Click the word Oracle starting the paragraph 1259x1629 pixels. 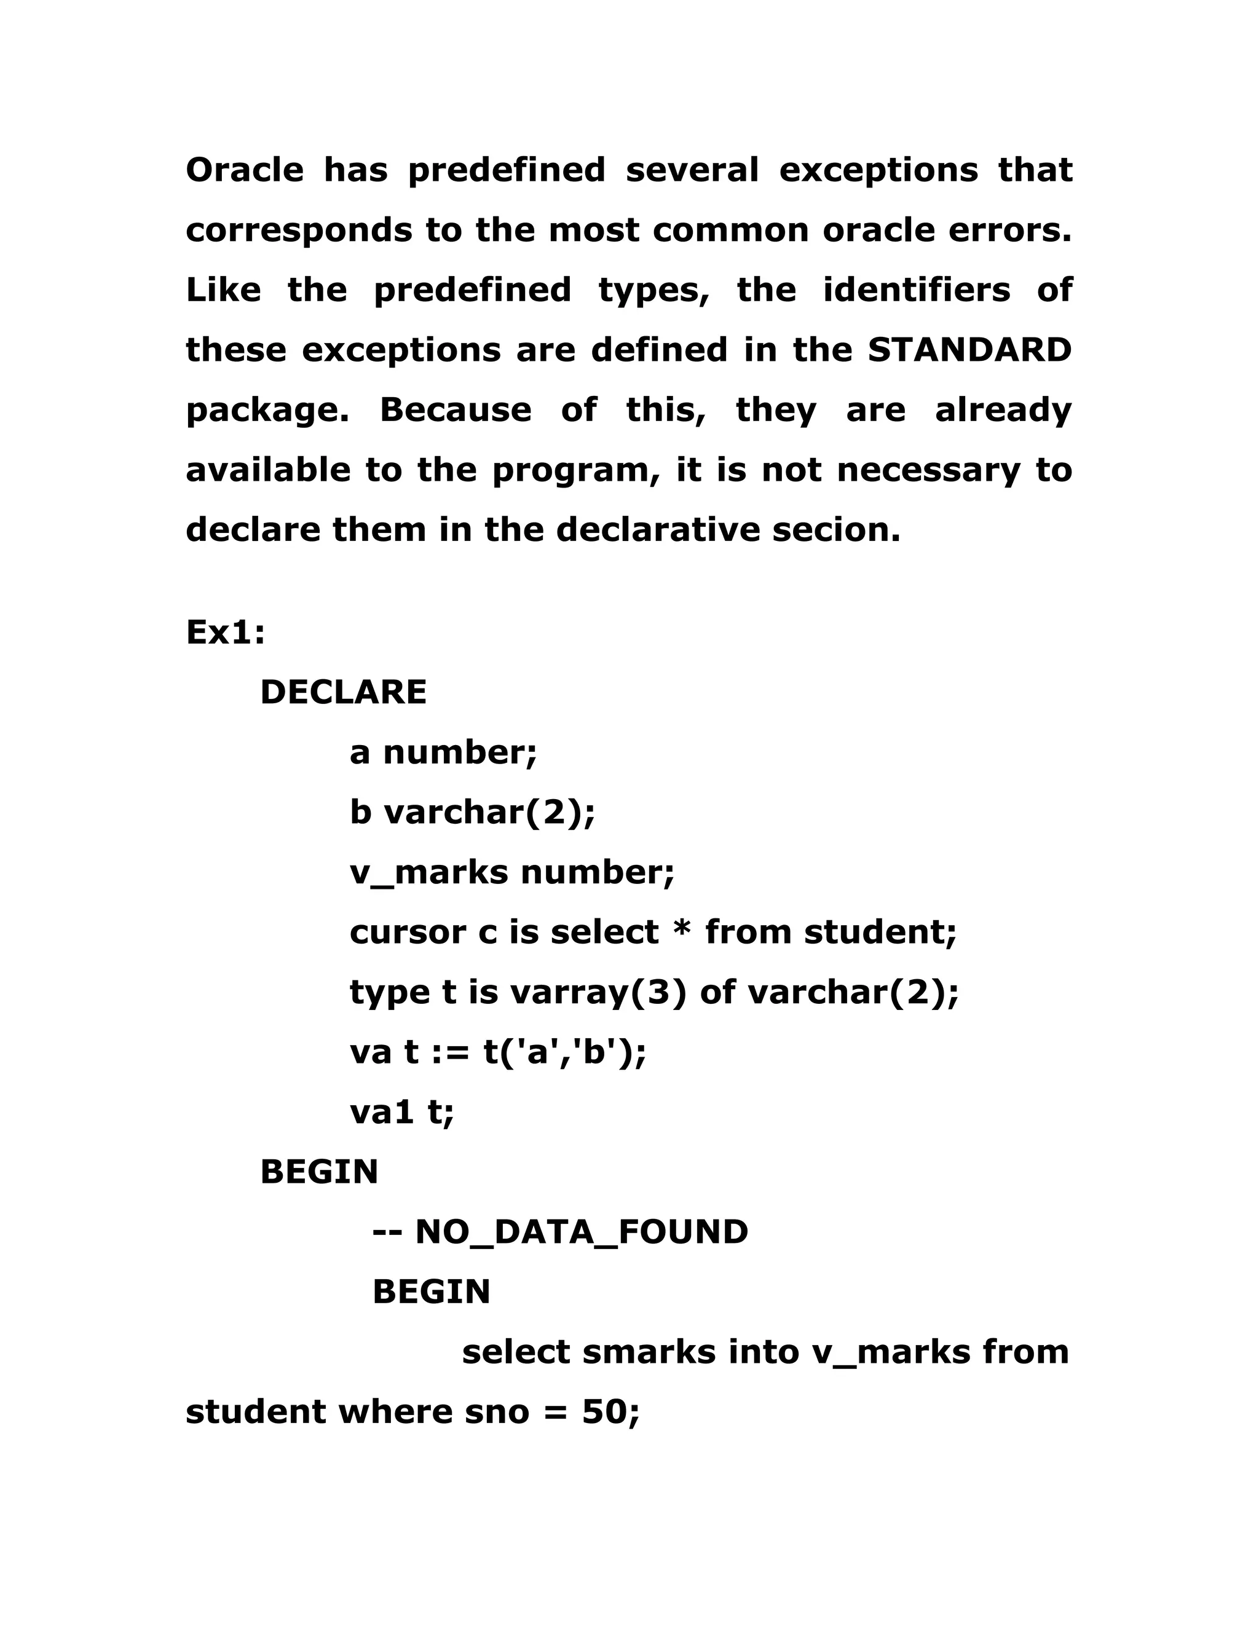point(245,170)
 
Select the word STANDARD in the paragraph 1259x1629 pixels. point(969,350)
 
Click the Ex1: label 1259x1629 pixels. point(225,633)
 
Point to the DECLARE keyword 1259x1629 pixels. point(343,692)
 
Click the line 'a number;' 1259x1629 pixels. point(443,752)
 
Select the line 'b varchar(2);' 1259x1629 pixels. point(472,812)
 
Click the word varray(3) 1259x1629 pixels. point(598,992)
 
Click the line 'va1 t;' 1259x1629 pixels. point(401,1112)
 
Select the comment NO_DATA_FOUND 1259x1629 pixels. point(580,1232)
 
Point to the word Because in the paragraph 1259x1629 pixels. point(456,410)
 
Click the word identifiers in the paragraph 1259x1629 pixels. point(916,290)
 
